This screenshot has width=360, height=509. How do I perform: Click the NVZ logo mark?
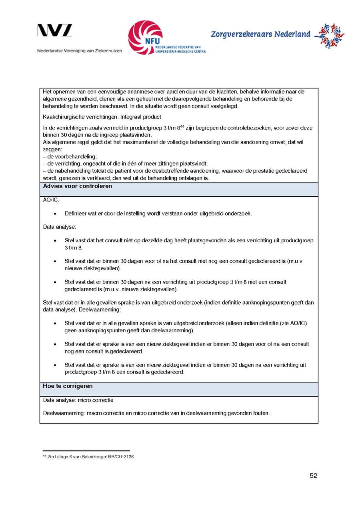pos(55,31)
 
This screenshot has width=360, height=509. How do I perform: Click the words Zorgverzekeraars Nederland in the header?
pos(260,34)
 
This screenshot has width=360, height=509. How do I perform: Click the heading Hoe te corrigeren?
pos(68,386)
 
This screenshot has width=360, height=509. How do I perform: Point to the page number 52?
pos(313,476)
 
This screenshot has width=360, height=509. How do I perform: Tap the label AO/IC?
pos(51,200)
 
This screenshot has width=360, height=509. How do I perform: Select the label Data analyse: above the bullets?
pos(60,227)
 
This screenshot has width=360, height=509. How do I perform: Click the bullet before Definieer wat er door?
pos(55,214)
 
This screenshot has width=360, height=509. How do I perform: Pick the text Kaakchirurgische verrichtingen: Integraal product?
pos(102,117)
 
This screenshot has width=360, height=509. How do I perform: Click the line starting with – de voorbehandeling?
pos(70,156)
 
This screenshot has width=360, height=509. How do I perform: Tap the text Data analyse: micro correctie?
pos(78,400)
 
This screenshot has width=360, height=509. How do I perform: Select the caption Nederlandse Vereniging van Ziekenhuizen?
pos(80,51)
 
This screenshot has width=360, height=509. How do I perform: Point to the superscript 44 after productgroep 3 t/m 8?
pos(181,126)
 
